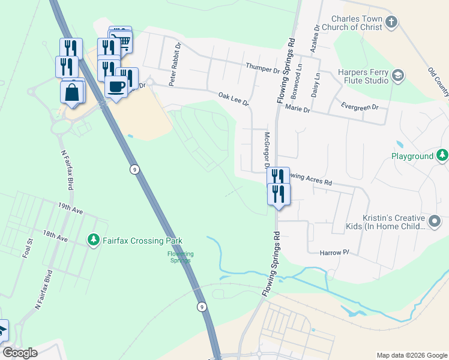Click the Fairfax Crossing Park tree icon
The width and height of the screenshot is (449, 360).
click(x=93, y=241)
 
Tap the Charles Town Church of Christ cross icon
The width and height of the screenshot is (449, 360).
click(x=391, y=23)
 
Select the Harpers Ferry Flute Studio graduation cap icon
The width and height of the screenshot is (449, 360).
click(x=397, y=76)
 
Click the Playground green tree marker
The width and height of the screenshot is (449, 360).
click(x=442, y=156)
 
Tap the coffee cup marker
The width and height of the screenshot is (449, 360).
click(x=116, y=86)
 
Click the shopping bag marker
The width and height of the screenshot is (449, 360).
click(x=71, y=93)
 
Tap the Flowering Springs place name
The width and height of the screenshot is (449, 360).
click(x=180, y=257)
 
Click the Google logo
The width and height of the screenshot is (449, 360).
click(x=20, y=353)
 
